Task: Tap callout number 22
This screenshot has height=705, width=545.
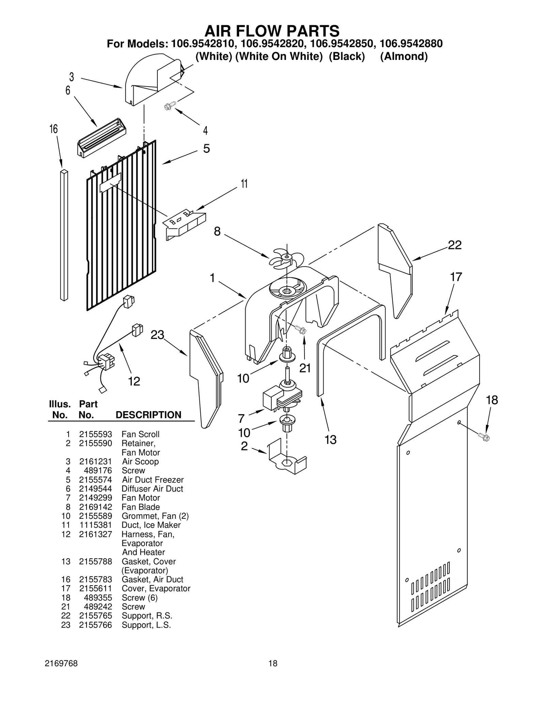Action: coord(454,245)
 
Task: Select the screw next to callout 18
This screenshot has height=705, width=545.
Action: coord(484,437)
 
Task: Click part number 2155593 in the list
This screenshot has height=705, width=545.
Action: coord(95,434)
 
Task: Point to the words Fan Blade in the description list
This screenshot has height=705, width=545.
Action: coord(140,507)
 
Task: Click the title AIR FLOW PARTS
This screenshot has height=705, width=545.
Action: coord(272,31)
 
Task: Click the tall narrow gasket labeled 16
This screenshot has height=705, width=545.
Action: coord(64,235)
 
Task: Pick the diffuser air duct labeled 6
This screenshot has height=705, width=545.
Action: coord(102,138)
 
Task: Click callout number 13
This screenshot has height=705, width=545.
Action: coord(330,440)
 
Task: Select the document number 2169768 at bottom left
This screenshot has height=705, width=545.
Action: coord(61,663)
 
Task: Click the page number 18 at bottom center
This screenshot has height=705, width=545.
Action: coord(272,663)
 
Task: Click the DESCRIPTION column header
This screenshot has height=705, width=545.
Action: coord(149,415)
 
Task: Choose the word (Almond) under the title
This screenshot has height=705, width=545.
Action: coord(404,57)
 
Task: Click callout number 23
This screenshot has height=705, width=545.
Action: coord(157,335)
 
